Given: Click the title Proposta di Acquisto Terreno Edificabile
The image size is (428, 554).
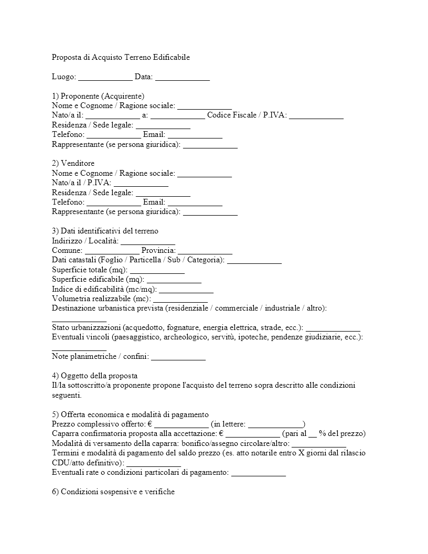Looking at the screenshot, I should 121,57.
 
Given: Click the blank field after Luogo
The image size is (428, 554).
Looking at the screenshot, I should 105,77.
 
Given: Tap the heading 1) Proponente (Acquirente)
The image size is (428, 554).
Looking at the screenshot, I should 98,96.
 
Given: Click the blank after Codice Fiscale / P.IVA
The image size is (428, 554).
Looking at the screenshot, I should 316,115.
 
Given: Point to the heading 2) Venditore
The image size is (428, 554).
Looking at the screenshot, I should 73,163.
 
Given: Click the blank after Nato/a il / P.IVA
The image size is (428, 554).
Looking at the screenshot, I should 141,183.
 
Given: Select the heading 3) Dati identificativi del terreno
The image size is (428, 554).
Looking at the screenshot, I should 105,231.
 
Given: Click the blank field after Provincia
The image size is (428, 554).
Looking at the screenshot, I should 205,251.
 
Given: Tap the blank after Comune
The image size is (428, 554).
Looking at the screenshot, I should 112,251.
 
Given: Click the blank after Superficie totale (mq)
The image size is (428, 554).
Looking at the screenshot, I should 157,270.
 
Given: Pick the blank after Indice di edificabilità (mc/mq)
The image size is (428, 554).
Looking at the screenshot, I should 186,290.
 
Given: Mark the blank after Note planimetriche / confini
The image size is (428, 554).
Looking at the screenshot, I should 178,357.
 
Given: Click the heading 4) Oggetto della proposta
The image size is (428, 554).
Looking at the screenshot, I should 95,376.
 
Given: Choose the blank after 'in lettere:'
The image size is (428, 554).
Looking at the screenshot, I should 275,424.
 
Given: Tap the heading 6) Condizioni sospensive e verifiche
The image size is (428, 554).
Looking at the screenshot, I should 113,492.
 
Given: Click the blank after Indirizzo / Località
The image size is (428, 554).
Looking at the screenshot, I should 148,241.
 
